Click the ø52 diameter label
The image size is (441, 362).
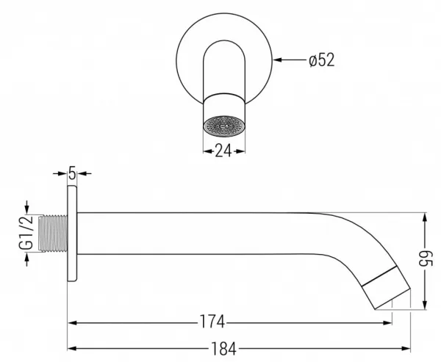(x=322, y=60)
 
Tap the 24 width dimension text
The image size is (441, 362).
(x=223, y=151)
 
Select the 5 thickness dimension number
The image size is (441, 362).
(x=72, y=173)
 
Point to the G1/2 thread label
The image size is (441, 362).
(x=26, y=233)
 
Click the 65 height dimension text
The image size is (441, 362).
(x=426, y=258)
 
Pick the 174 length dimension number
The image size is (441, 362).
(x=212, y=322)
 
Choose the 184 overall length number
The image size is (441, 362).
(x=223, y=349)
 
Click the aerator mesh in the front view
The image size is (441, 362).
(x=224, y=126)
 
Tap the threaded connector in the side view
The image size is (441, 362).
(x=53, y=234)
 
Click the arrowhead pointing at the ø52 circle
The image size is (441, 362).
(x=277, y=59)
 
